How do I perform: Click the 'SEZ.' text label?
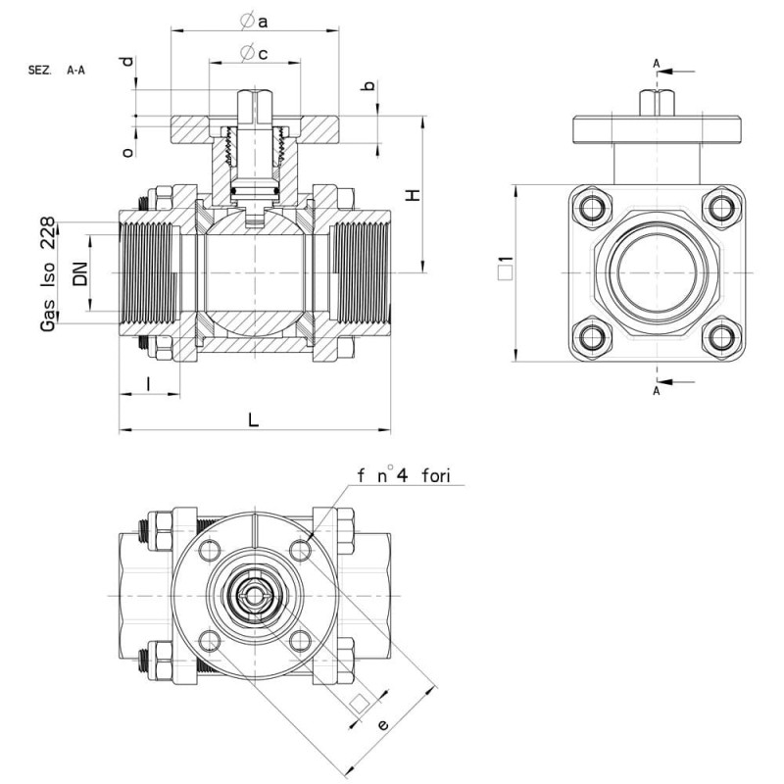coord(39,70)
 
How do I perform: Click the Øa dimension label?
coord(254,21)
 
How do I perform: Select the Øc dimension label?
coord(254,53)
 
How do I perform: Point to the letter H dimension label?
coord(413,194)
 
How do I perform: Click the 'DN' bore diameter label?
coord(80,273)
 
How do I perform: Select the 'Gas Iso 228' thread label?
coord(47,274)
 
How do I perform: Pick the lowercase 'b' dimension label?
coord(368,85)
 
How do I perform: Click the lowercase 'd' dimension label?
coord(128,61)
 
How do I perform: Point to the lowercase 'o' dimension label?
coord(128,152)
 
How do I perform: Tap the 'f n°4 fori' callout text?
coord(404,475)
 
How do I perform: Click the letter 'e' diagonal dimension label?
coord(382,724)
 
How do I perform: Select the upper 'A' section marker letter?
coord(657,64)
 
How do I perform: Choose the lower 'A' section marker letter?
coord(657,391)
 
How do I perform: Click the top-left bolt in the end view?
coord(593,208)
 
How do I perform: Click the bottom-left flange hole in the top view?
coord(210,641)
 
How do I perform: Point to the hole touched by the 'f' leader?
coord(300,551)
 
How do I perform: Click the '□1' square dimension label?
coord(506,268)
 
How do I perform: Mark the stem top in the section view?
coord(255,90)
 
